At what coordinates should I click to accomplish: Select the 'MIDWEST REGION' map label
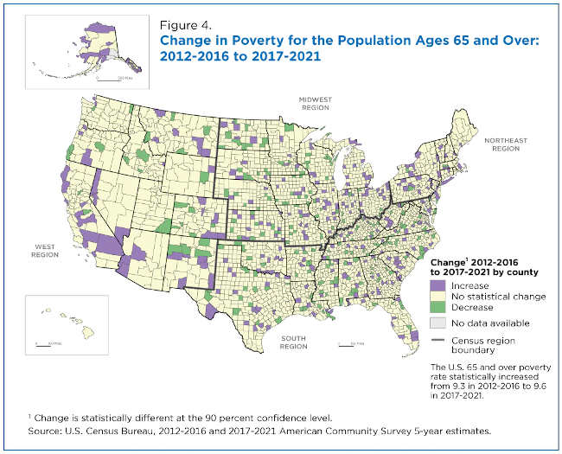pyautogui.click(x=316, y=102)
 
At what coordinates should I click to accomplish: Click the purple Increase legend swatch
pyautogui.click(x=437, y=285)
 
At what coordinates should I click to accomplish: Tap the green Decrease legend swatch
pyautogui.click(x=437, y=307)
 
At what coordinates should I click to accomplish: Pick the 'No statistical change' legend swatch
pyautogui.click(x=437, y=296)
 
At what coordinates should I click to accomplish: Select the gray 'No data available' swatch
pyautogui.click(x=437, y=323)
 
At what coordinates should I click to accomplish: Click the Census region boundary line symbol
pyautogui.click(x=437, y=339)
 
